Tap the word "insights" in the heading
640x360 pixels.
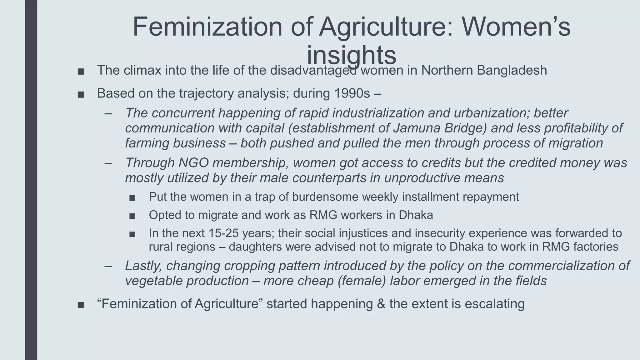[351, 55]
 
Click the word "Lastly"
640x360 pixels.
[143, 266]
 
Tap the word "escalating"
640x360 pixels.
[494, 304]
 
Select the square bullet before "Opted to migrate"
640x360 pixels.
[132, 216]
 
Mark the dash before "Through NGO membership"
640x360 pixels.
[108, 163]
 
